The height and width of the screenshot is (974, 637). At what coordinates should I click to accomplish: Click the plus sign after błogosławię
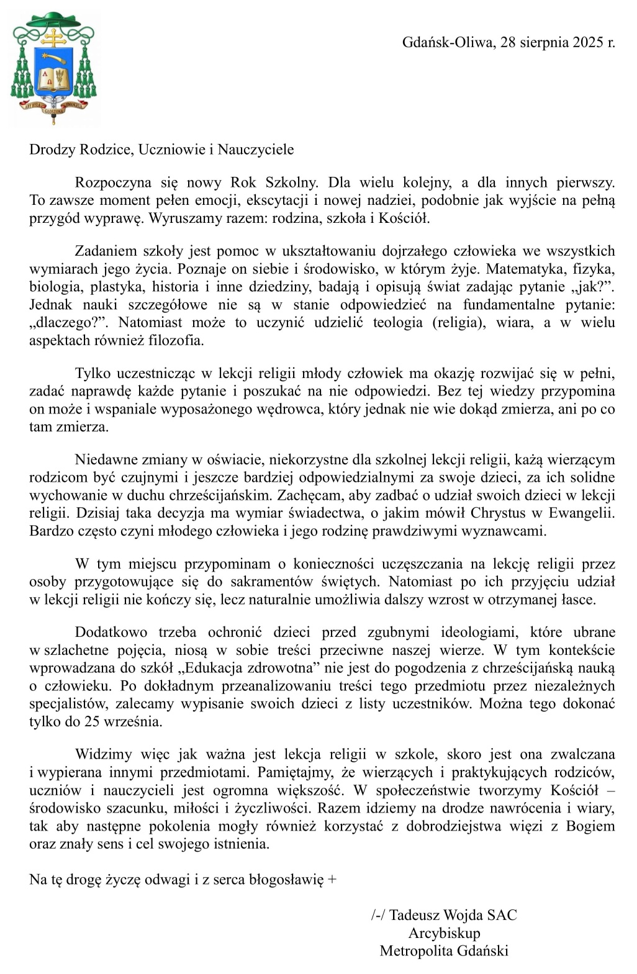(332, 880)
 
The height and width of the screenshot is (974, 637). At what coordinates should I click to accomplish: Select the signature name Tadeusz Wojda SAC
(453, 915)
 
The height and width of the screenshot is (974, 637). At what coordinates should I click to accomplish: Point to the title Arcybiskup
(444, 933)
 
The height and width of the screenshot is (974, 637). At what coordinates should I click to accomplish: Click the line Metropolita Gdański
(444, 951)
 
